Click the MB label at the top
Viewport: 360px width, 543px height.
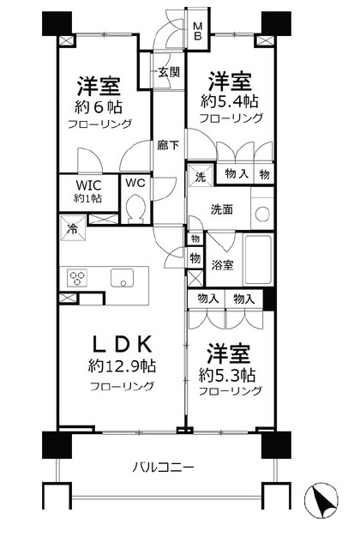tap(197, 31)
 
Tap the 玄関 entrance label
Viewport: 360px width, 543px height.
tap(168, 72)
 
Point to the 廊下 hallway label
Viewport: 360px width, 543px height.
tap(167, 146)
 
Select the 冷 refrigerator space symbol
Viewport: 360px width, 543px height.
tap(72, 230)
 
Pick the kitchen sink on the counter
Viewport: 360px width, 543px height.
tap(121, 278)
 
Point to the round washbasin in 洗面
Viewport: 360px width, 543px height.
tap(261, 214)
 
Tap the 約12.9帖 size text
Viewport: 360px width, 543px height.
tap(122, 367)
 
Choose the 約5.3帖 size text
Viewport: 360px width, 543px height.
tap(225, 375)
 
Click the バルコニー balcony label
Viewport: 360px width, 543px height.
tap(163, 467)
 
